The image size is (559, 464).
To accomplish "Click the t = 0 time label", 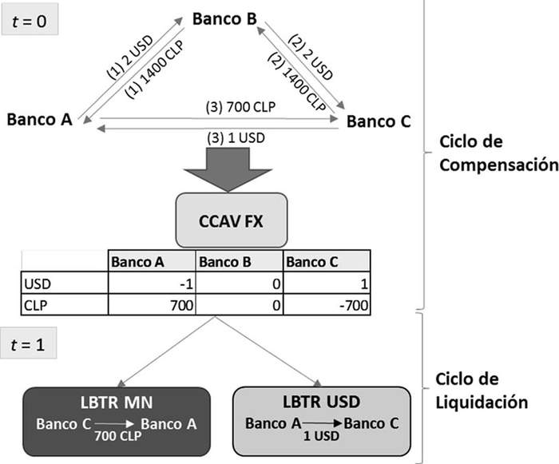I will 34,22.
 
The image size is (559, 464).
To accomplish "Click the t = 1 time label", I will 34,348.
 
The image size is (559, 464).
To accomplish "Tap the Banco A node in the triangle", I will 39,120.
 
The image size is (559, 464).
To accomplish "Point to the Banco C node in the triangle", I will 379,122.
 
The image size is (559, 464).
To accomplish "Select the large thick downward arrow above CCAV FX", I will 228,168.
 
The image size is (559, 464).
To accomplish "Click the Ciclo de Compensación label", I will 498,155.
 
